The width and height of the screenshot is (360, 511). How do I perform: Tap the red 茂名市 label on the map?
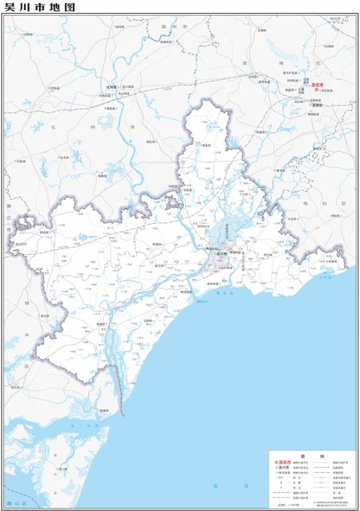(318, 85)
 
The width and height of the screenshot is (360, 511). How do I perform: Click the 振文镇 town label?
(160, 266)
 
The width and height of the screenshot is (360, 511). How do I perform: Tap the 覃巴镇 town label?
(268, 256)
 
